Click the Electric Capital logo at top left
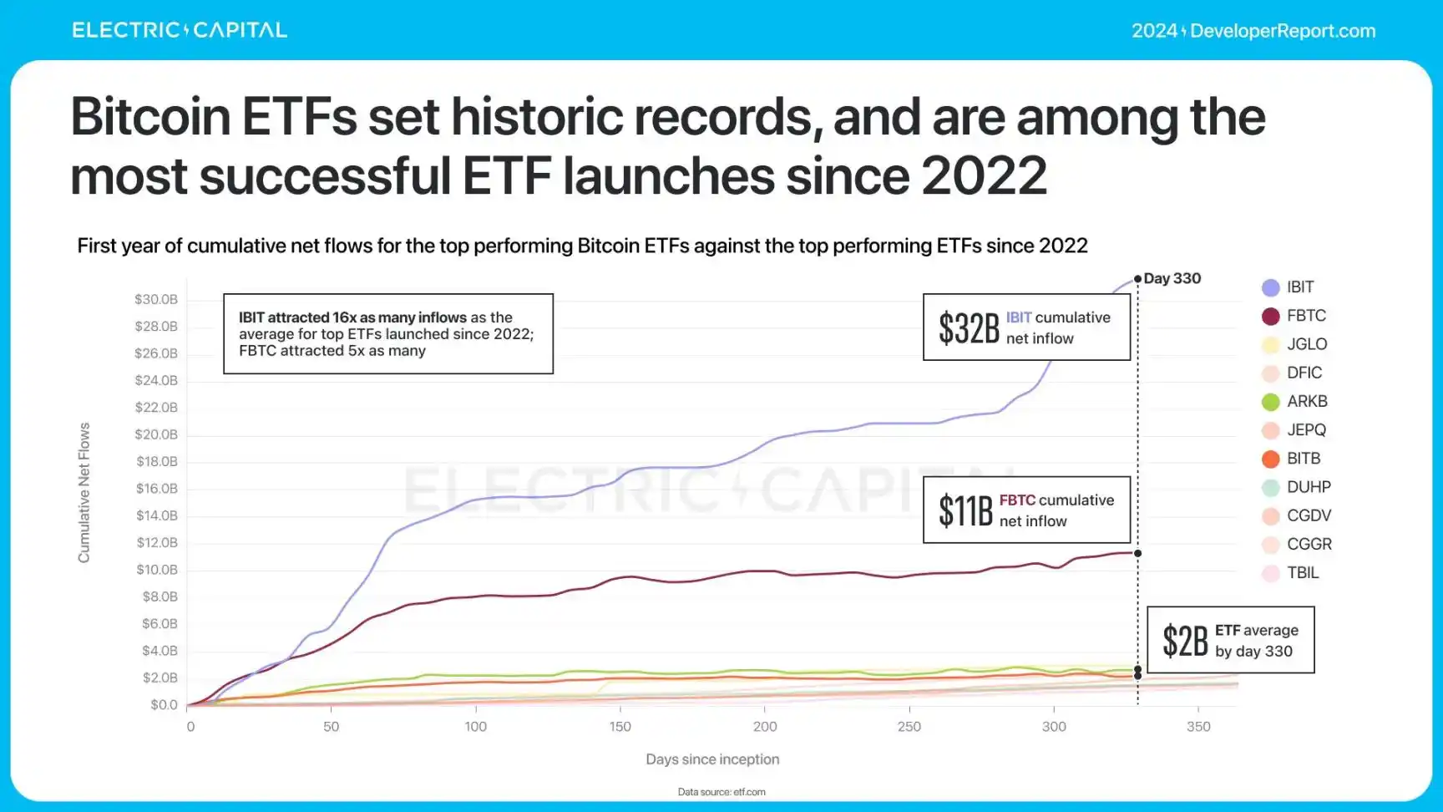180,30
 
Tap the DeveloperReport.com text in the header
1282,31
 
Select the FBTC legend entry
1294,316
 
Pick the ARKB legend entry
1295,402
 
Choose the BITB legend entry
1292,459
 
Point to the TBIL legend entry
1291,573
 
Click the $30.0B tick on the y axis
156,299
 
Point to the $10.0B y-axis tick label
157,570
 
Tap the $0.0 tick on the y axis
164,705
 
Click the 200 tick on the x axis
765,727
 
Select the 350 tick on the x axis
1198,727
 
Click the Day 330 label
1172,278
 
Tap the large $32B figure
969,328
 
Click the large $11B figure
965,510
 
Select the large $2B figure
1185,641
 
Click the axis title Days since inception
712,759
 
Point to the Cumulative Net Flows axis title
84,492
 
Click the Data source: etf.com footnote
721,792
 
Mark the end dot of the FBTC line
1137,553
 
